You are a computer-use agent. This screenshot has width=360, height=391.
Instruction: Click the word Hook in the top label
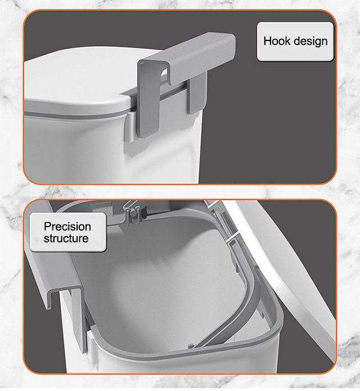276,41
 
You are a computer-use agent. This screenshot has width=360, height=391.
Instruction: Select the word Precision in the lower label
67,227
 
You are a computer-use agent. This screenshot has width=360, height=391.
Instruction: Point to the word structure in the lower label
66,239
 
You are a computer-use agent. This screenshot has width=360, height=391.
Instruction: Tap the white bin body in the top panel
100,150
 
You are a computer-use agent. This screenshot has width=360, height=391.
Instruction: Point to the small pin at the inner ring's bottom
191,346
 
